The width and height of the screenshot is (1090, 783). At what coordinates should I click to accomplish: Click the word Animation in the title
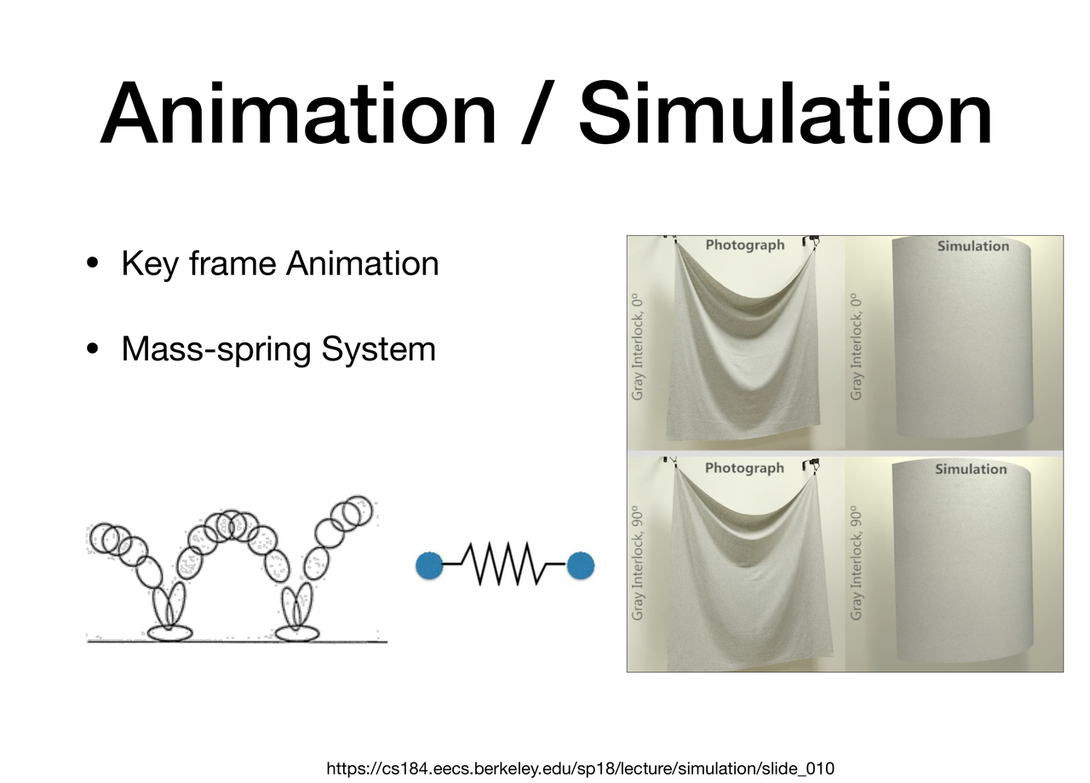pyautogui.click(x=298, y=113)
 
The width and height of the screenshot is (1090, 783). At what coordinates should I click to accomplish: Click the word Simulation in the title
pyautogui.click(x=785, y=113)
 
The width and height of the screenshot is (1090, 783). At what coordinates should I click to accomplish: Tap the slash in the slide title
pyautogui.click(x=537, y=113)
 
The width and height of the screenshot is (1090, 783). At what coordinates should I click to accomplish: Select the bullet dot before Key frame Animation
pyautogui.click(x=92, y=263)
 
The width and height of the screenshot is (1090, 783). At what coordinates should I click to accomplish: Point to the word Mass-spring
pyautogui.click(x=216, y=350)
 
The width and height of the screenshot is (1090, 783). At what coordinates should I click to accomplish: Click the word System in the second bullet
pyautogui.click(x=379, y=350)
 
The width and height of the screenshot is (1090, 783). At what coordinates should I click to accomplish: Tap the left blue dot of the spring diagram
pyautogui.click(x=429, y=566)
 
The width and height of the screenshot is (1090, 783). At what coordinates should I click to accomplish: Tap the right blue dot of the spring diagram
pyautogui.click(x=581, y=566)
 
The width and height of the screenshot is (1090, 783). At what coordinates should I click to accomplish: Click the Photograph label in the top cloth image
pyautogui.click(x=745, y=245)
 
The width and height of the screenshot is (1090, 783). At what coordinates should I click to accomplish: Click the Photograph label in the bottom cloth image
pyautogui.click(x=744, y=468)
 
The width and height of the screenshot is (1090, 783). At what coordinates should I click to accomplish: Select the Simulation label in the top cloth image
pyautogui.click(x=973, y=246)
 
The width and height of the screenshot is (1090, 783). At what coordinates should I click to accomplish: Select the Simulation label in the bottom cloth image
pyautogui.click(x=971, y=469)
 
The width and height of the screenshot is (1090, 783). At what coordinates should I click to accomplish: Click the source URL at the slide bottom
pyautogui.click(x=580, y=769)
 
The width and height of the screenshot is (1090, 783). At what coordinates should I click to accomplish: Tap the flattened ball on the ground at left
pyautogui.click(x=169, y=633)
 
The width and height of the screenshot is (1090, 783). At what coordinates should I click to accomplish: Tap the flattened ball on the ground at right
pyautogui.click(x=297, y=633)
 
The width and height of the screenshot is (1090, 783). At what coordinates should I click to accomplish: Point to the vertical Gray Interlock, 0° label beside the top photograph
pyautogui.click(x=637, y=347)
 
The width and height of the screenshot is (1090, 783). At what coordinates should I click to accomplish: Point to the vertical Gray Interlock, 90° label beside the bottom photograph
pyautogui.click(x=637, y=563)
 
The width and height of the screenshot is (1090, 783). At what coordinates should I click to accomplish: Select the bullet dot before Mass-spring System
pyautogui.click(x=92, y=348)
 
